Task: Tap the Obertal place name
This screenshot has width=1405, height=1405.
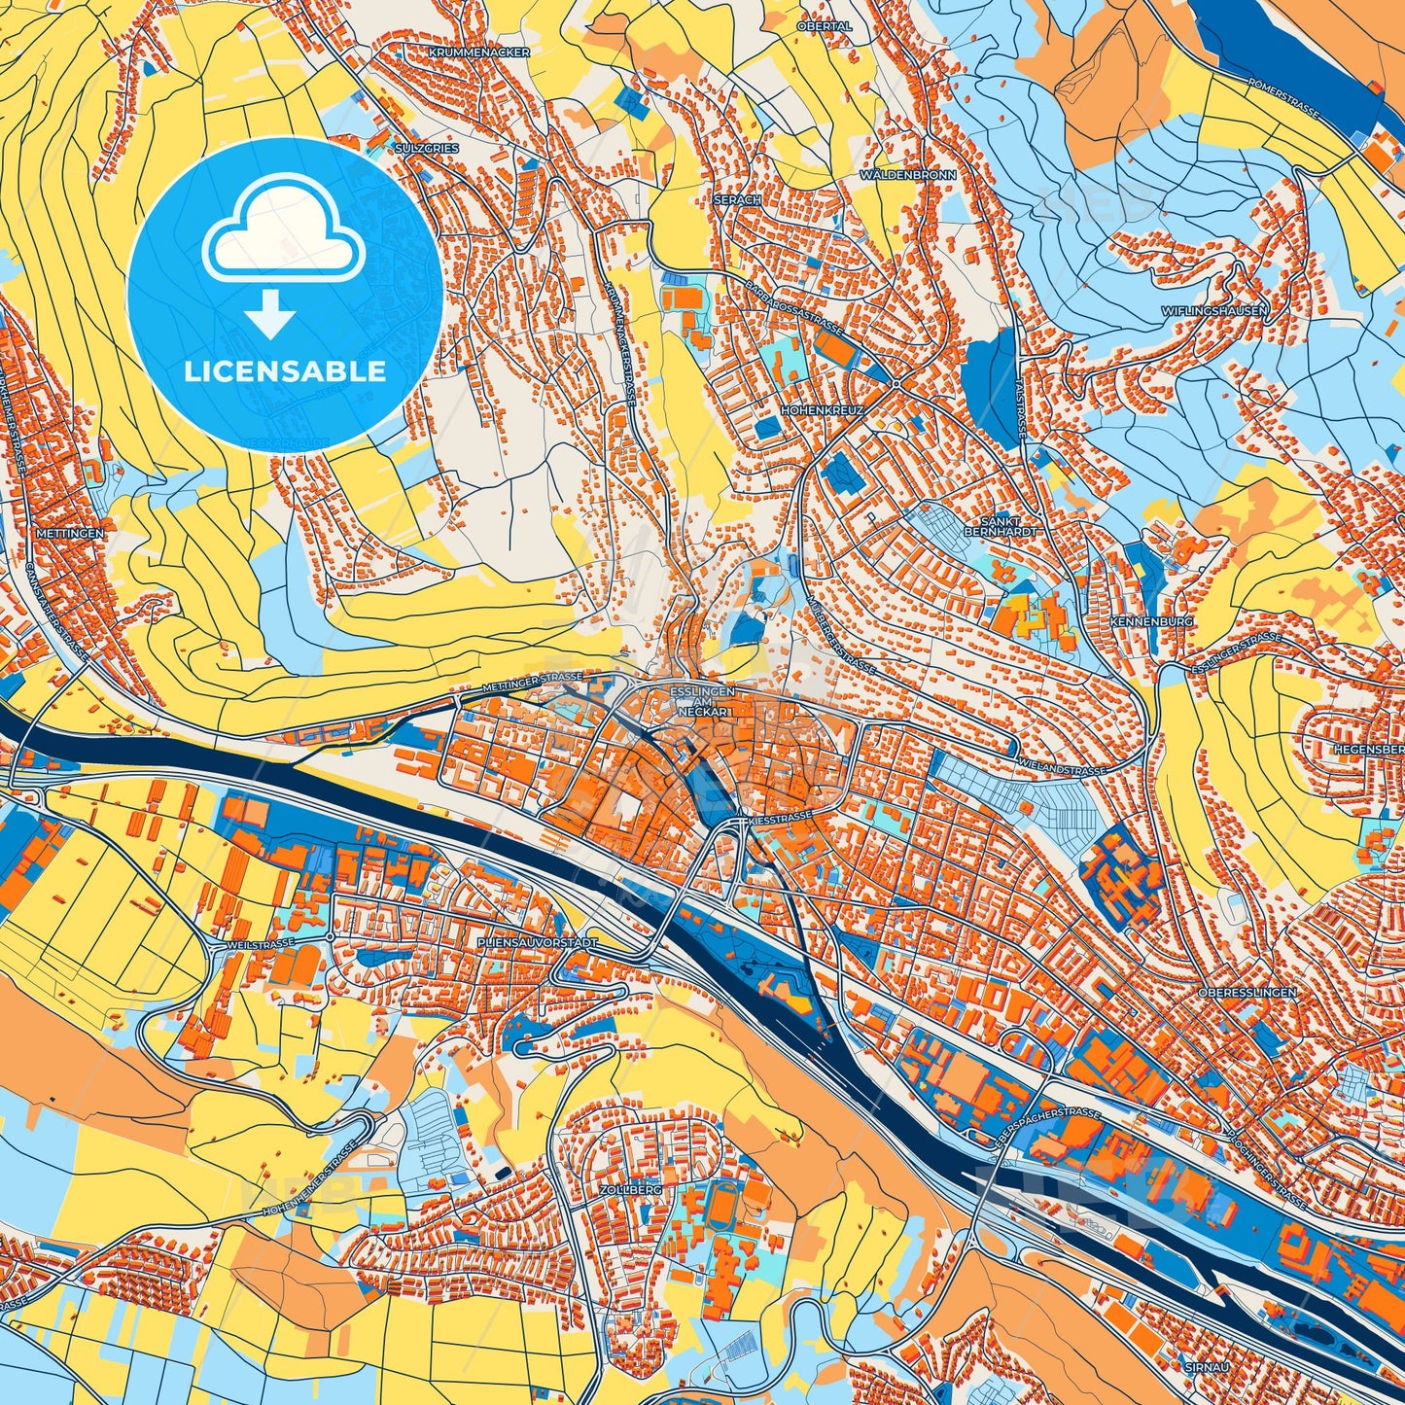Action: (824, 26)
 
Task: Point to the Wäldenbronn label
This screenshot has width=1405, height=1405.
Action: (907, 175)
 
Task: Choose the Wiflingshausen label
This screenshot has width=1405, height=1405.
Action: (1214, 311)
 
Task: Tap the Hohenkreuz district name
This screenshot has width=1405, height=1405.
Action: (822, 411)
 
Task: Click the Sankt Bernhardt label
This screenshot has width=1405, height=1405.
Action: (989, 526)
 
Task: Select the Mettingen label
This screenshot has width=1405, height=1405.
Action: (68, 534)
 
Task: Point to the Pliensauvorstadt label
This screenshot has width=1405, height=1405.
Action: (537, 943)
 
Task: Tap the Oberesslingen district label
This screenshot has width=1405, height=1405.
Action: (1247, 992)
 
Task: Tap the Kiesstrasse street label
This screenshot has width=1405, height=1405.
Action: (781, 820)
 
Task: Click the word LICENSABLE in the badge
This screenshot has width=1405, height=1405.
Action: (286, 371)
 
